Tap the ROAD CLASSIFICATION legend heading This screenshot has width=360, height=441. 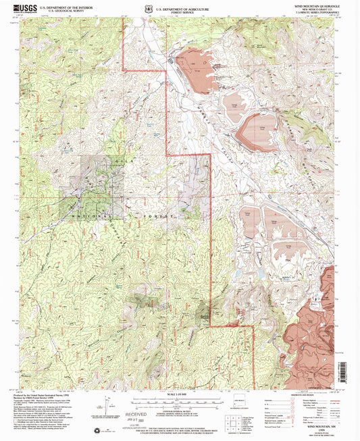[318, 394]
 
